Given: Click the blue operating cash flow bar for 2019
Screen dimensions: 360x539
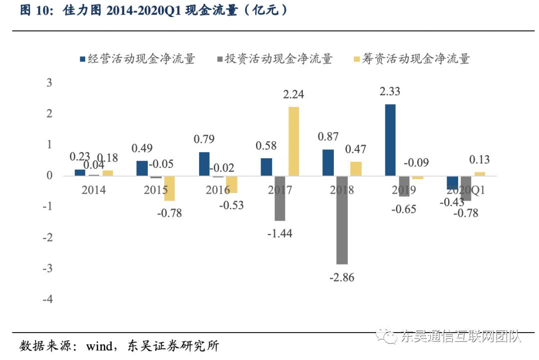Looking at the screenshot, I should [x=391, y=140].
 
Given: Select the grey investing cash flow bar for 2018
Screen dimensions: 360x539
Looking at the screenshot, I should [x=342, y=220].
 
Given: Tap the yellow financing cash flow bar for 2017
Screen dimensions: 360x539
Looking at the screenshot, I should [x=293, y=141].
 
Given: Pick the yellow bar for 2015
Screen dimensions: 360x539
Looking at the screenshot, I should [x=169, y=188].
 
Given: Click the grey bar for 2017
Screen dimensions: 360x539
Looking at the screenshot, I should [x=279, y=198].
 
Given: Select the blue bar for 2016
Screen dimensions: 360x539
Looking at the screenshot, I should [x=204, y=164].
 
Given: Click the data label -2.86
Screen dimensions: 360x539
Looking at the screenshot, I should [x=342, y=278].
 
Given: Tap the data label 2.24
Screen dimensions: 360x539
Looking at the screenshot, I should [x=293, y=94].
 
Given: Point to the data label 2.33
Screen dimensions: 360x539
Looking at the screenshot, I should [x=390, y=91].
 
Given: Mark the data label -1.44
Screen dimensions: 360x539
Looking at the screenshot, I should [x=280, y=233].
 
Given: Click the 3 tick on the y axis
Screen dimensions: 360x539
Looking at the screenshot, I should [x=49, y=83].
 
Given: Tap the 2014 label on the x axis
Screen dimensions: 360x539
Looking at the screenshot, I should [x=94, y=190].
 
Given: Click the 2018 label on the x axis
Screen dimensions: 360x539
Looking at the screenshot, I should [x=342, y=190].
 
